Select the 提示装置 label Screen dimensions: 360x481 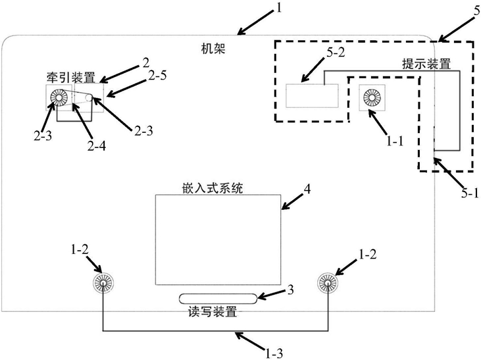[426, 64]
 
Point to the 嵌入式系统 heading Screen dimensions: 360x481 [213, 189]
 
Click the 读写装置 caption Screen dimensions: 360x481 [214, 312]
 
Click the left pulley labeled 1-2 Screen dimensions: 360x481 [103, 283]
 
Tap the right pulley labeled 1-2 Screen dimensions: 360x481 [327, 283]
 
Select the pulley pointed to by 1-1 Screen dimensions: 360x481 [368, 99]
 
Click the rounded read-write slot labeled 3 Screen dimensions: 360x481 [216, 299]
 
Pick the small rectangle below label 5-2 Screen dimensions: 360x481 [312, 97]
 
